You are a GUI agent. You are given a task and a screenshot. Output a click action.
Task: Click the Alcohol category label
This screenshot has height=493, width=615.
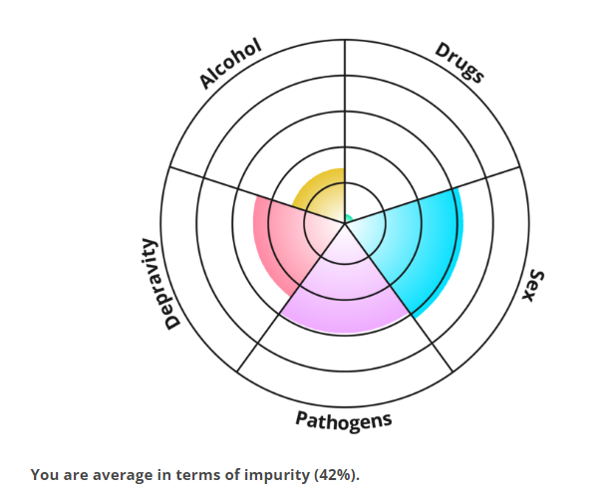pos(230,63)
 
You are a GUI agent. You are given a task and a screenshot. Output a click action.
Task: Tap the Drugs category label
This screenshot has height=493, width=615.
pos(460,63)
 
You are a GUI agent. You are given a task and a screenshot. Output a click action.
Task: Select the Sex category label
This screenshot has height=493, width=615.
pos(536,287)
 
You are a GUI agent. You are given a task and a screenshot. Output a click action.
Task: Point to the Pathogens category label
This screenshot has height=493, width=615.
pos(344,419)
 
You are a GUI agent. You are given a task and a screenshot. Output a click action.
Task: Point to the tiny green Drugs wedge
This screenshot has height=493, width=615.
pos(348,217)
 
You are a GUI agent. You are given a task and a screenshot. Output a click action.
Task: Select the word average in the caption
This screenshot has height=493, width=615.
pos(125,474)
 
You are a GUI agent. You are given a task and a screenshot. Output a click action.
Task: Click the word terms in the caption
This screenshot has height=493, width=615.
pos(200,474)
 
